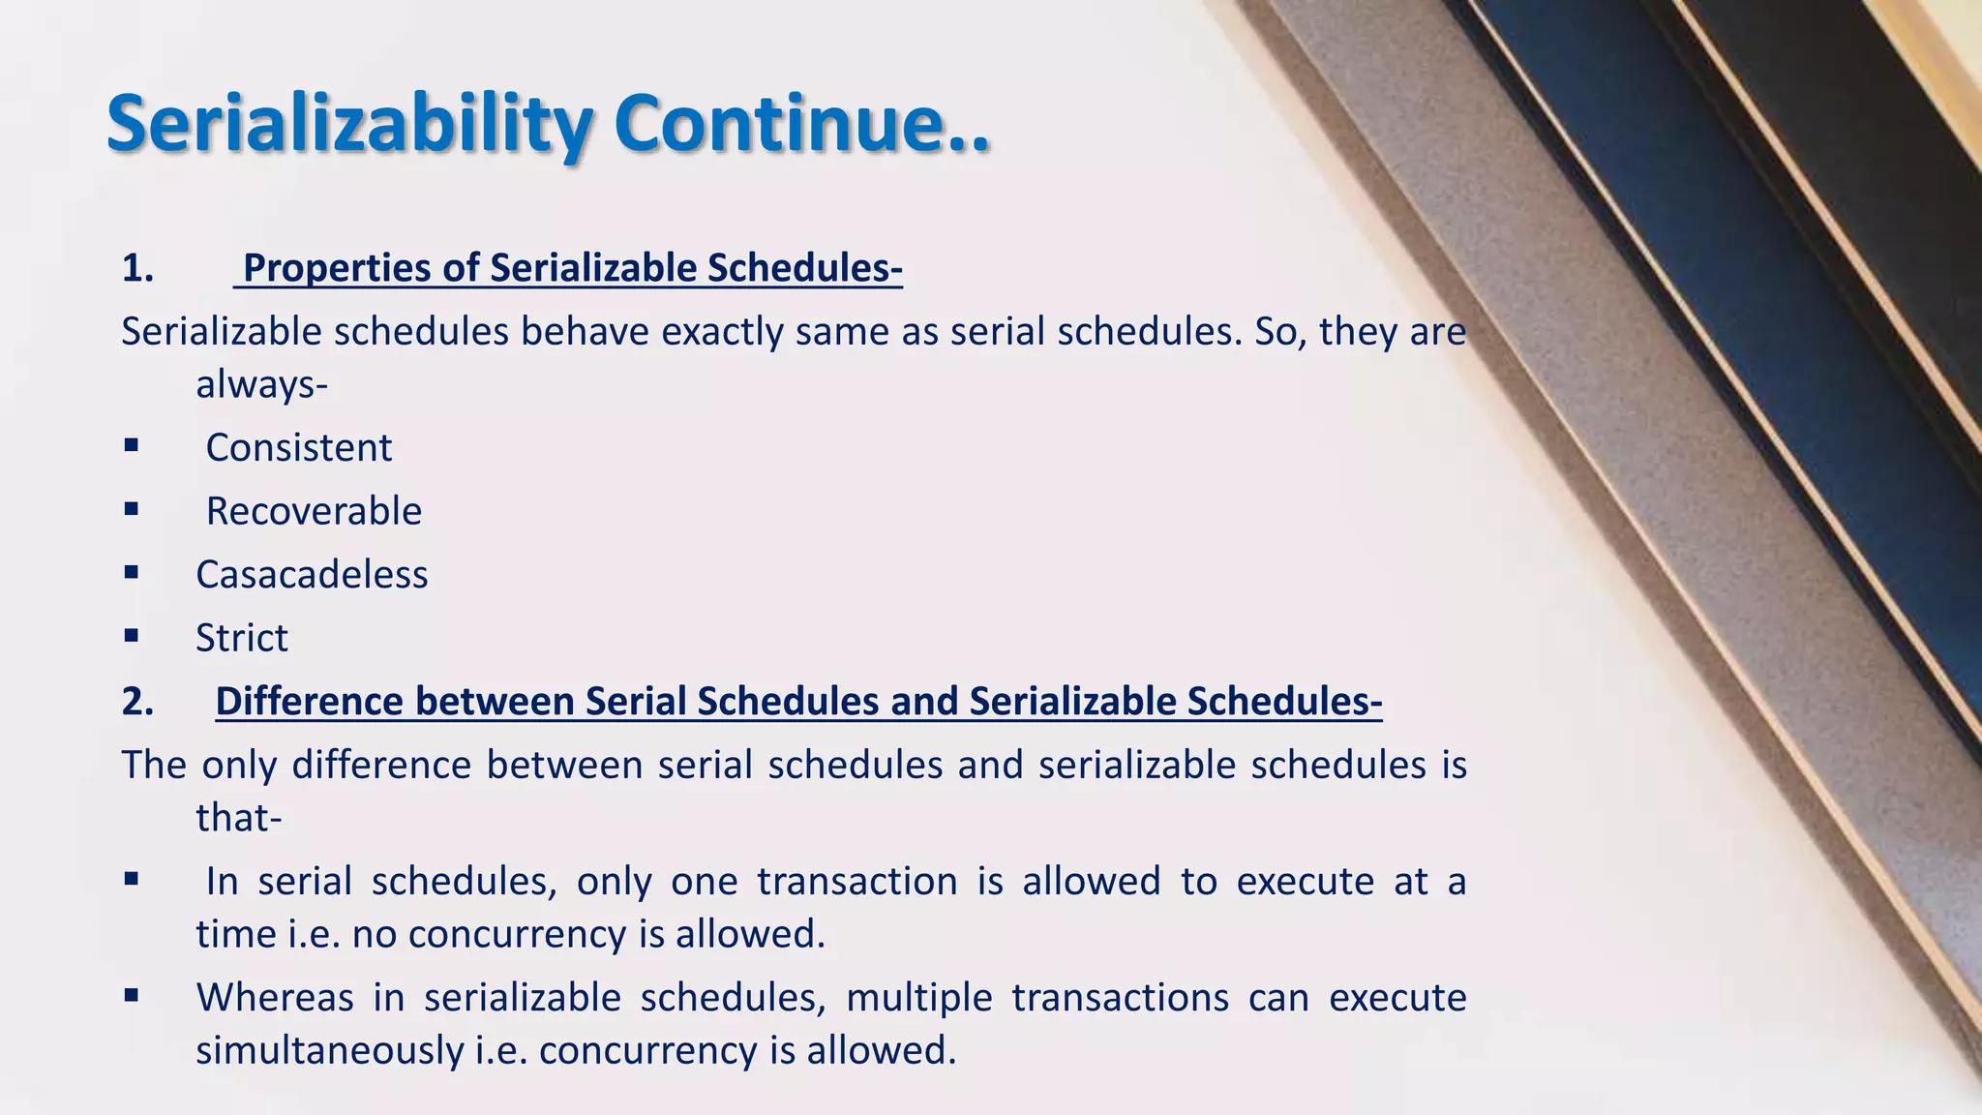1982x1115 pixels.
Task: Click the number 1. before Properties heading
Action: (x=137, y=268)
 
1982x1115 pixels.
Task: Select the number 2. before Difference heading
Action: (x=137, y=702)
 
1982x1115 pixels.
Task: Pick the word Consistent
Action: (x=298, y=448)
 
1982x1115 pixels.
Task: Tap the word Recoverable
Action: (x=314, y=511)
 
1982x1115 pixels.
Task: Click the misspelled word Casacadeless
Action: (x=312, y=575)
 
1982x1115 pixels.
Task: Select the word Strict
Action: (x=242, y=638)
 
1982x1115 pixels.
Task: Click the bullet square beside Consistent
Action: (x=132, y=446)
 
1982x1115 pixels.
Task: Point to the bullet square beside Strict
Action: (x=132, y=636)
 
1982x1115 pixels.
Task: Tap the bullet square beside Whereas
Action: (x=132, y=995)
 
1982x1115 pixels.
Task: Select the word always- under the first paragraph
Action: (x=261, y=385)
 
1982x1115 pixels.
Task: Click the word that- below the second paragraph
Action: (x=238, y=819)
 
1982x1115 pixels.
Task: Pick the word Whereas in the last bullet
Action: (x=275, y=998)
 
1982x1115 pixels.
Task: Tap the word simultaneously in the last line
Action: (x=329, y=1051)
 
